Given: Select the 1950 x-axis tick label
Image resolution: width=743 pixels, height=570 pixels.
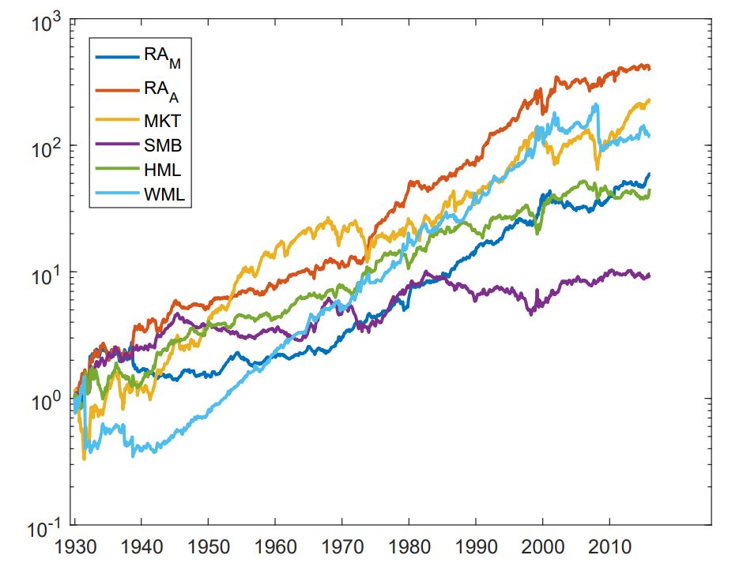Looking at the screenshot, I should point(209,546).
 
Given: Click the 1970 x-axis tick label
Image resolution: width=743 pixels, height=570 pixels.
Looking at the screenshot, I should point(342,546).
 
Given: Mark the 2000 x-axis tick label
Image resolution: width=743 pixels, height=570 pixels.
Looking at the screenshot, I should point(543,546).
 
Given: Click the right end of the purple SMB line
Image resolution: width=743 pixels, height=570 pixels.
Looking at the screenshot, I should point(650,275).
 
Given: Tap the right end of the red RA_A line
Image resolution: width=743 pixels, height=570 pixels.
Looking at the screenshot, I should point(650,68).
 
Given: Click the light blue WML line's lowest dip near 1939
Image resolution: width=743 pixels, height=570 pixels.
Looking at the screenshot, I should point(134,456).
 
